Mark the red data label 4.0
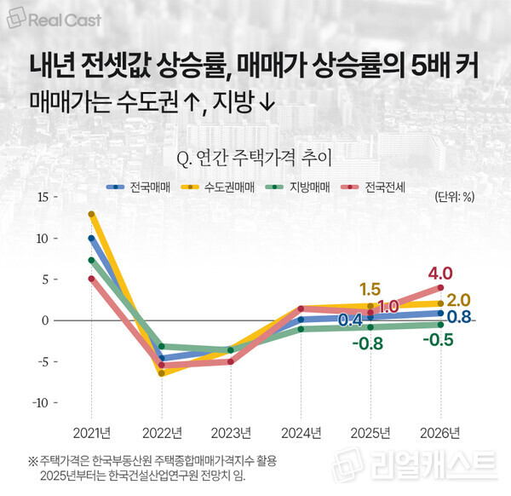pos(440,274)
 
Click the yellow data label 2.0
pos(458,300)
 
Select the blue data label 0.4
pos(350,320)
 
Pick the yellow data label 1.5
pos(370,289)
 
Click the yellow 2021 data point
pos(91,214)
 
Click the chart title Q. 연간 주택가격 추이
pos(255,157)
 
